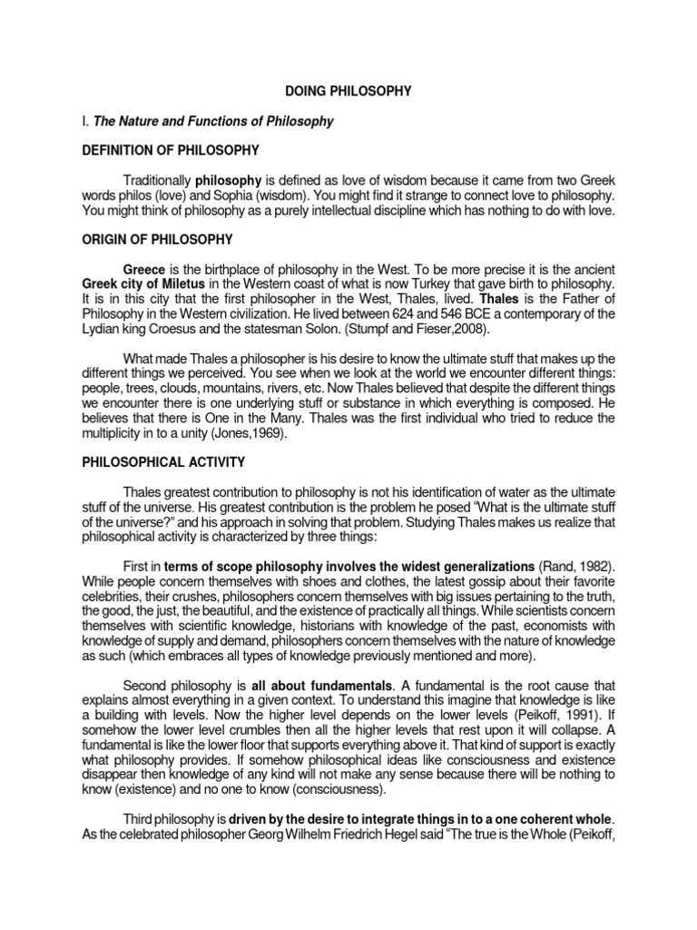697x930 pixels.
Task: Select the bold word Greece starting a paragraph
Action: [x=145, y=270]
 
